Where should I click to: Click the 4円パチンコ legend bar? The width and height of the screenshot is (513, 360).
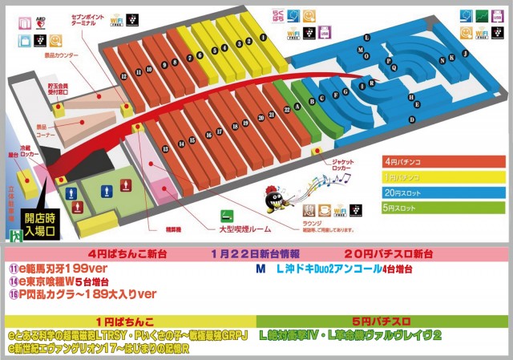coord(443,161)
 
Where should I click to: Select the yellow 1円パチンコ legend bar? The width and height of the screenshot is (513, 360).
coord(443,176)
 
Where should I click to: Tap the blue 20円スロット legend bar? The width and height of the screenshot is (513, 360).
coord(443,192)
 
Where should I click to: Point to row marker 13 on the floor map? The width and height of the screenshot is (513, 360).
coord(165,149)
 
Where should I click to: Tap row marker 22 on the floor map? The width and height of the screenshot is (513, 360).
coord(287,109)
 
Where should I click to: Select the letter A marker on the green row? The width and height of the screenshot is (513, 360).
coord(297,105)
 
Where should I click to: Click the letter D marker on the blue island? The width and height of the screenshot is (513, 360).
coord(411,119)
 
